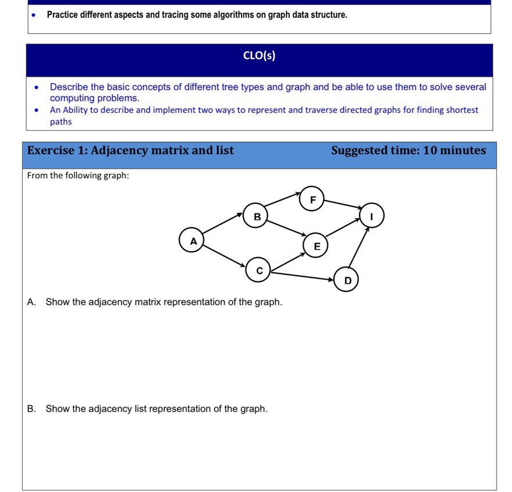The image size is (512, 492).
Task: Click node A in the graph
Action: coord(194,240)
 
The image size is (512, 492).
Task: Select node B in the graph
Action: coord(257,216)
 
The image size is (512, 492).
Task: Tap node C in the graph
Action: coord(259,270)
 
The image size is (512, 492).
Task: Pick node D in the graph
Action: coord(347,281)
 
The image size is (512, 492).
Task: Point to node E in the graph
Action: coord(317,246)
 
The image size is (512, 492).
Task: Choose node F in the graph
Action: coord(312,200)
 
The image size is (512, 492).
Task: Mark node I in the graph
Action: coord(372,216)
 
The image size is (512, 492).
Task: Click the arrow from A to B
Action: coord(223,224)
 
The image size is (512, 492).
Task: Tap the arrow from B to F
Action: coord(284,198)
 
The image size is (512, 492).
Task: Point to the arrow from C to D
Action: coord(303,274)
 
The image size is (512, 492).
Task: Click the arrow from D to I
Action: coord(359,249)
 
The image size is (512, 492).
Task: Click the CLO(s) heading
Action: coord(259,56)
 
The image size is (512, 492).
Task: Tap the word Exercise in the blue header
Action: coord(50,151)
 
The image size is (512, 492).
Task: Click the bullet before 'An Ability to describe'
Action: coord(37,110)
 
